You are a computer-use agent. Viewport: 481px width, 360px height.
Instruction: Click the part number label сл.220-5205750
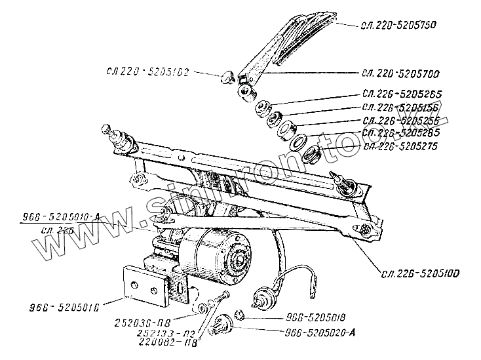tap(399, 25)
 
